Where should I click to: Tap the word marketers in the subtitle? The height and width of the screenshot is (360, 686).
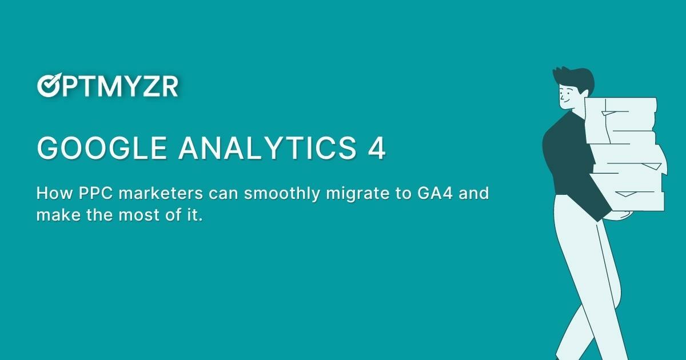click(x=159, y=193)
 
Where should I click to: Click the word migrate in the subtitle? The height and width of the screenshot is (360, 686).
click(x=353, y=193)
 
